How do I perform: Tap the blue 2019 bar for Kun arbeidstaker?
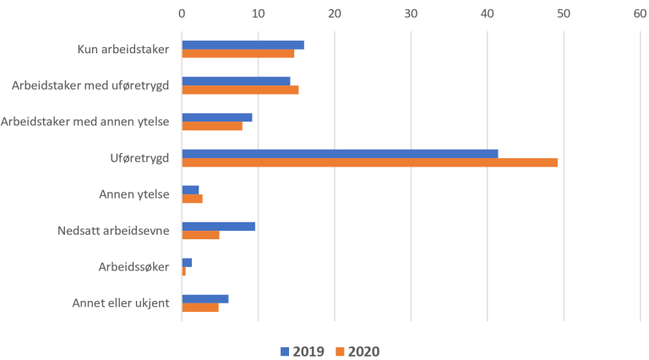point(243,45)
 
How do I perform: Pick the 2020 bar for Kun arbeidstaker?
point(237,53)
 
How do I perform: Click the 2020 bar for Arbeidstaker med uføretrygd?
point(240,90)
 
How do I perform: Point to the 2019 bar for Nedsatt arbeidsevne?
point(218,226)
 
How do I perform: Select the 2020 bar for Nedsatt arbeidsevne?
point(200,235)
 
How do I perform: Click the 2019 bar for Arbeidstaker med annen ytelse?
point(216,117)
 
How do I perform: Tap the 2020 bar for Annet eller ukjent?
point(199,308)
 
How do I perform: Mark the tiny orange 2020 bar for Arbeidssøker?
point(183,271)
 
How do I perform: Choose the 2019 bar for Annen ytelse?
point(190,190)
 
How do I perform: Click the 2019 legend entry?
point(302,351)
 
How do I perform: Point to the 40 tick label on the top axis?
point(487,13)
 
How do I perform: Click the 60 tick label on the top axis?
point(640,13)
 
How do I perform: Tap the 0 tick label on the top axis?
point(182,13)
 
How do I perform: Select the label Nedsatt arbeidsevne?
point(114,230)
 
